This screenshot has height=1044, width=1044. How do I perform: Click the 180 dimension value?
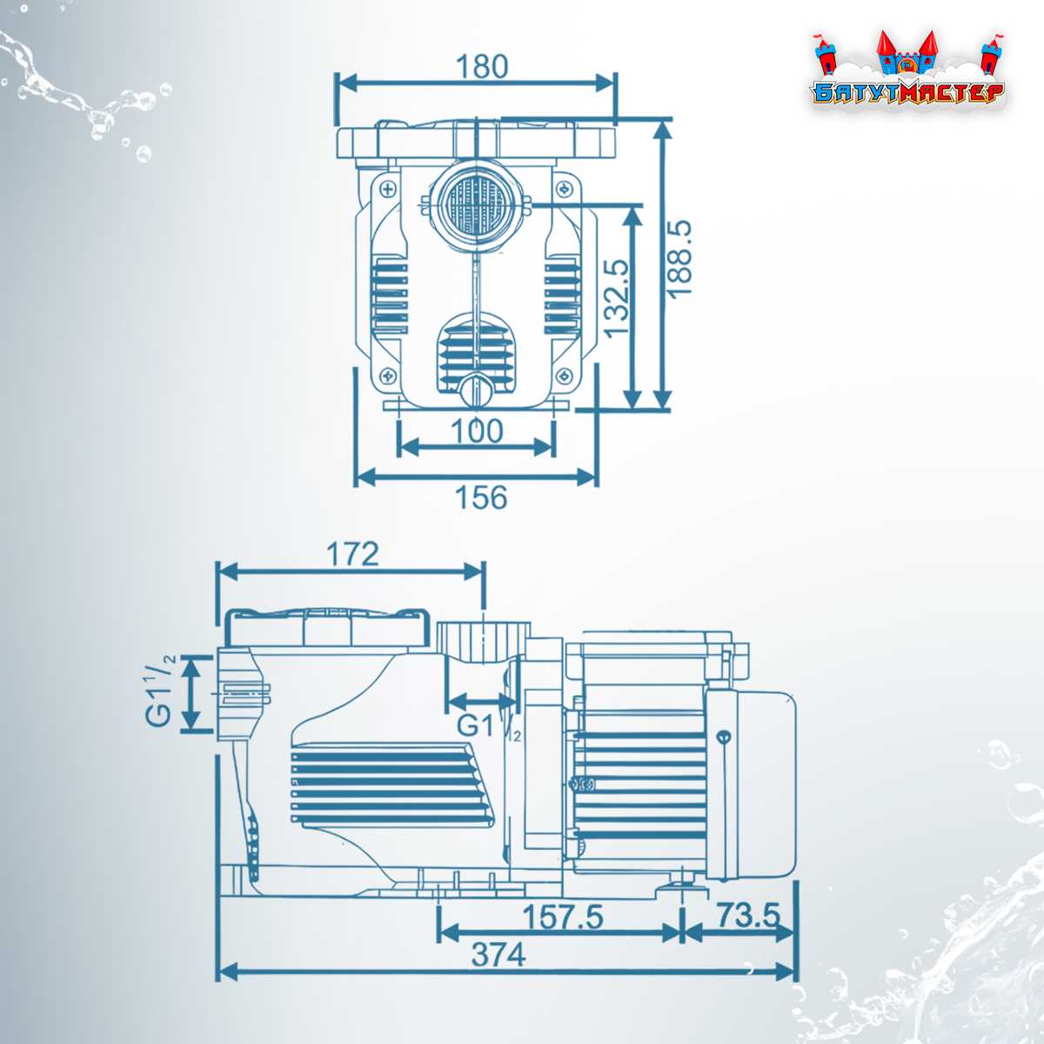482,67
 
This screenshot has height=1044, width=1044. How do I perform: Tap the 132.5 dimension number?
617,299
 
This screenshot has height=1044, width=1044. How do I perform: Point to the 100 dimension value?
477,432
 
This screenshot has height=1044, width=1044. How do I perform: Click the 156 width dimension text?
482,497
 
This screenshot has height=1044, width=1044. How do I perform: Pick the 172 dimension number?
352,554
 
